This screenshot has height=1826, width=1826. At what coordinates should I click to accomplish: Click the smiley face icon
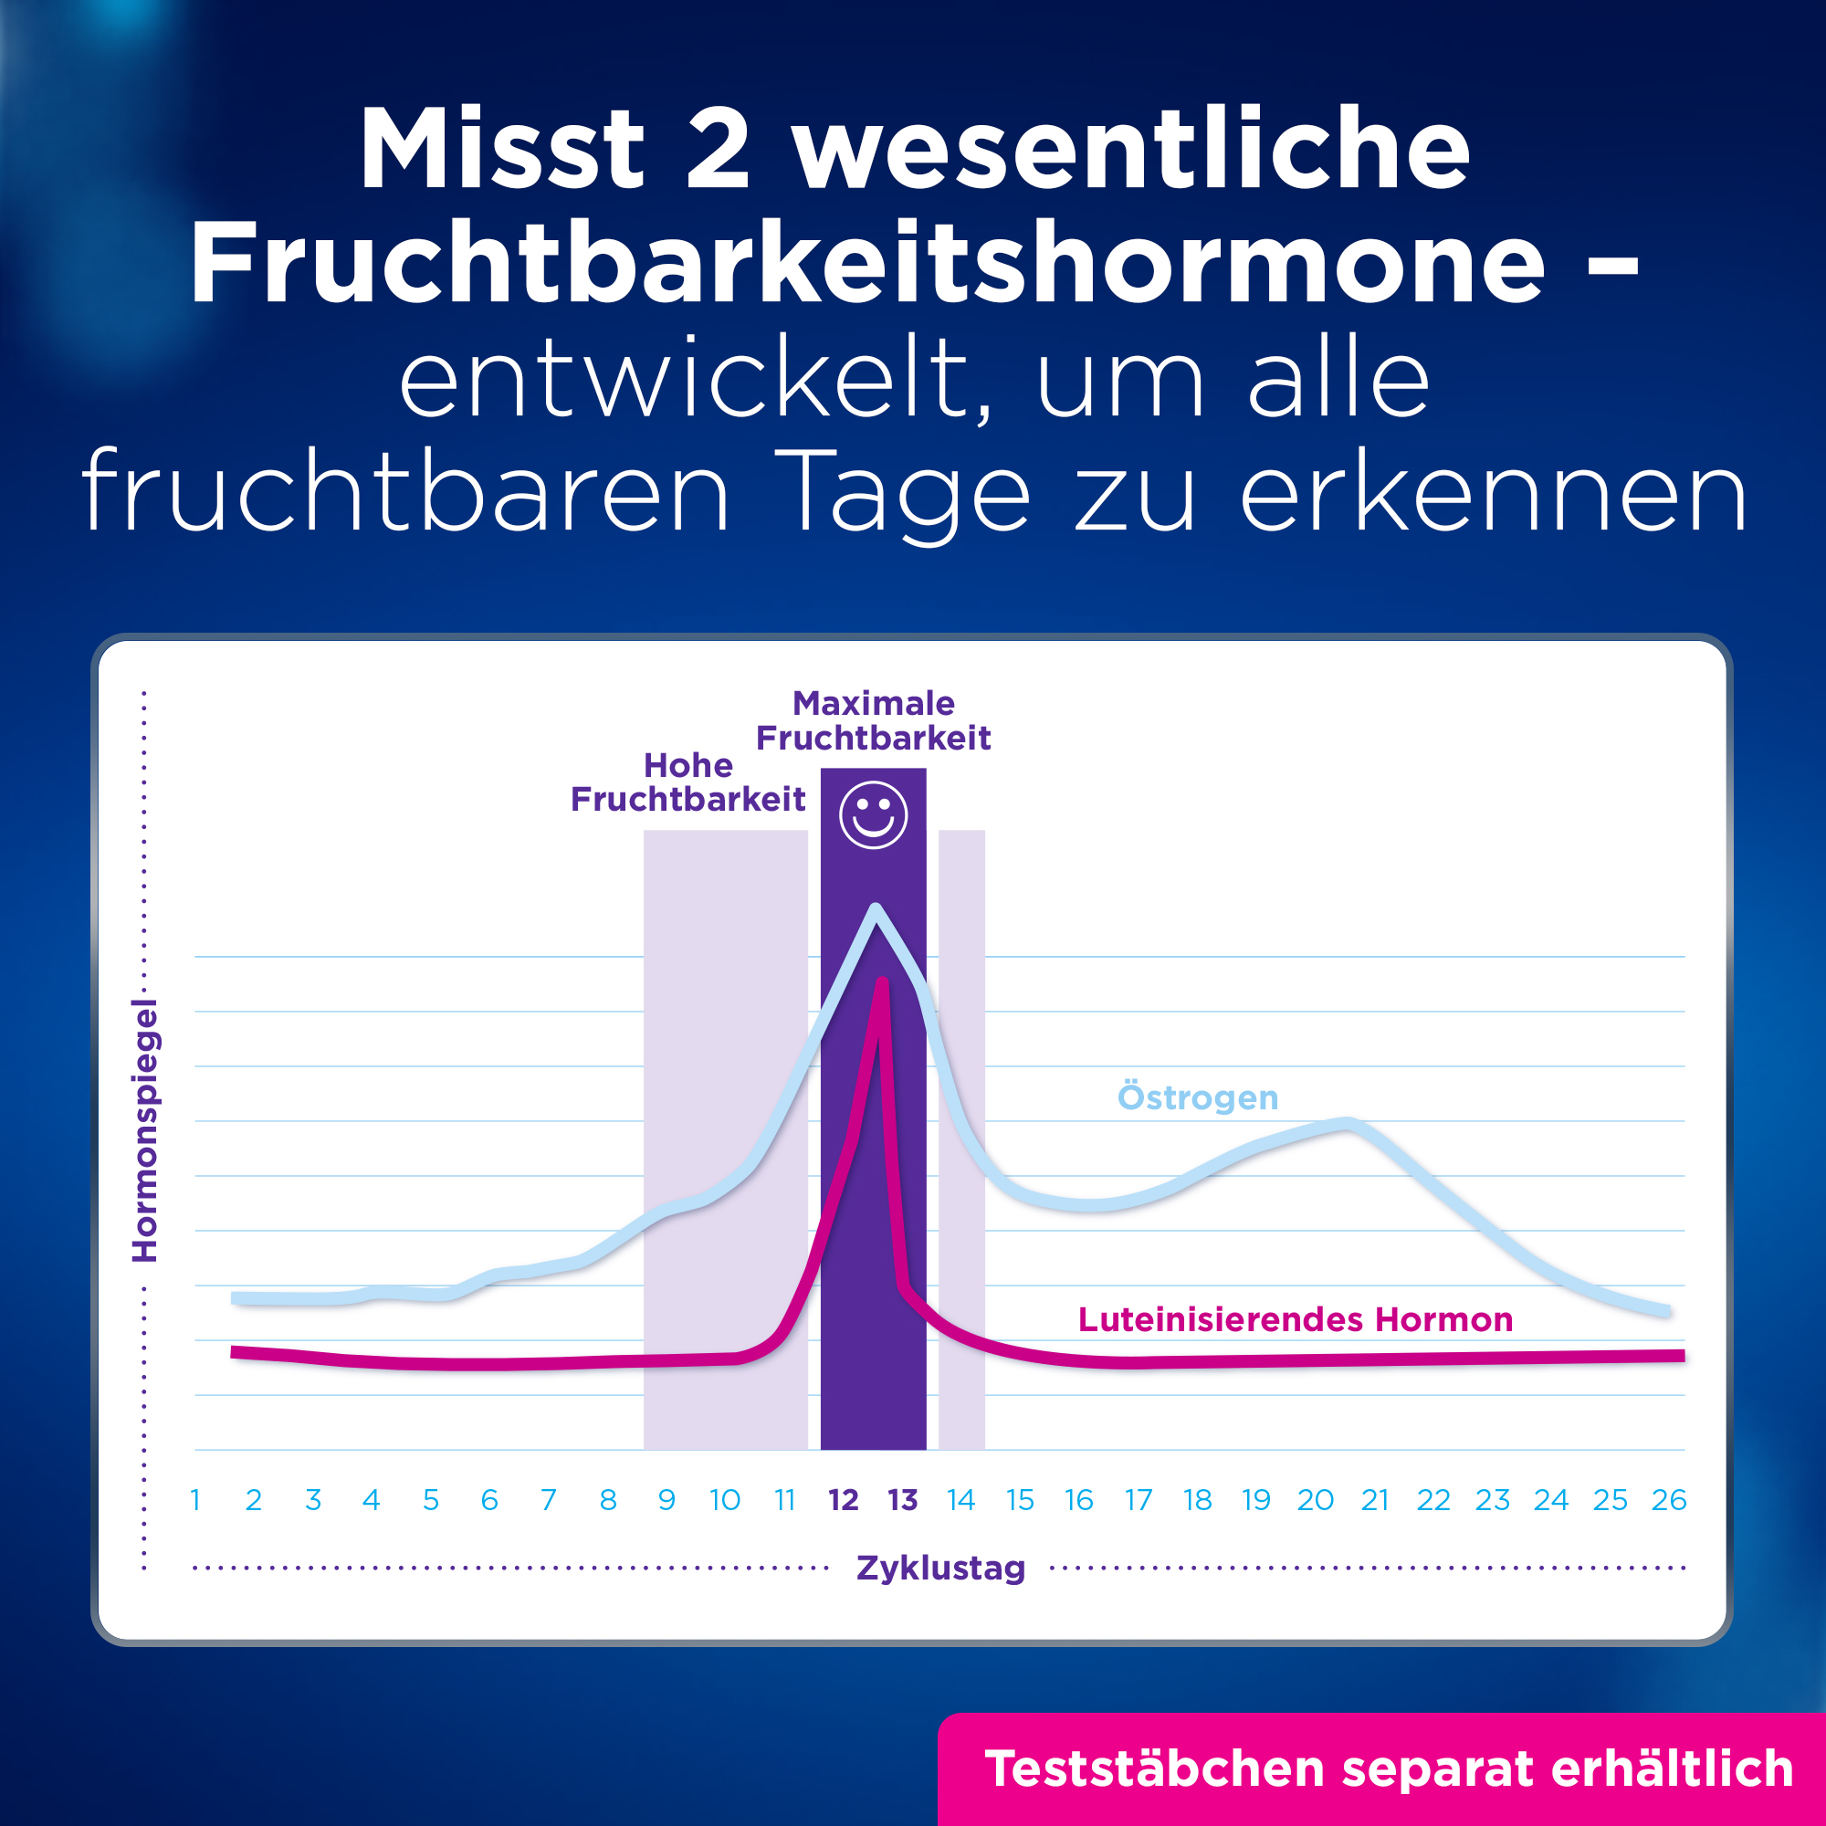tap(874, 814)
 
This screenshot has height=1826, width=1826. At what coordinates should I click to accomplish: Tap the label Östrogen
tap(1198, 1097)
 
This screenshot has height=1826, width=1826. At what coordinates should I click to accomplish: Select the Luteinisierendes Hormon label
tap(1295, 1319)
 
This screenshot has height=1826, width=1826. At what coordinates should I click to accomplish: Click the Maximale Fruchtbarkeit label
tap(874, 721)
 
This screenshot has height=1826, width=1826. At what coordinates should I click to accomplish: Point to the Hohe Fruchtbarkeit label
tap(688, 782)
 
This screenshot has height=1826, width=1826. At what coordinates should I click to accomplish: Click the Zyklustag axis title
tap(940, 1567)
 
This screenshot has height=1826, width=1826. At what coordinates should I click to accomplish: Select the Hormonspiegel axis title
tap(144, 1130)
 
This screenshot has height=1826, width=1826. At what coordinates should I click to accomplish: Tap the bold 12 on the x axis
tap(843, 1500)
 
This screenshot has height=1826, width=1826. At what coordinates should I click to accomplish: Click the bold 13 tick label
tap(903, 1500)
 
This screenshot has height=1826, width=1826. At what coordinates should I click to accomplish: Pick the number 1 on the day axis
tap(194, 1500)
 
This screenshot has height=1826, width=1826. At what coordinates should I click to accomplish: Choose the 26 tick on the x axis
tap(1669, 1500)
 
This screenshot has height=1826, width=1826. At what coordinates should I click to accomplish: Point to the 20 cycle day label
tap(1315, 1500)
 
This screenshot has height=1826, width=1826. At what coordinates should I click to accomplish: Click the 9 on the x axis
tap(666, 1500)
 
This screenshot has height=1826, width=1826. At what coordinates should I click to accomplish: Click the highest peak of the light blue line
tap(876, 908)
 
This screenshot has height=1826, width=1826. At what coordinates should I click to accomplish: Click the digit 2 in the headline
tap(718, 150)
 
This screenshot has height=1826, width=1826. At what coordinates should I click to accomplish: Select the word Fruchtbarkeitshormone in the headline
tap(867, 262)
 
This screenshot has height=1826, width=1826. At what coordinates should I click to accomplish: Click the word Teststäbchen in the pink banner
tap(1154, 1768)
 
